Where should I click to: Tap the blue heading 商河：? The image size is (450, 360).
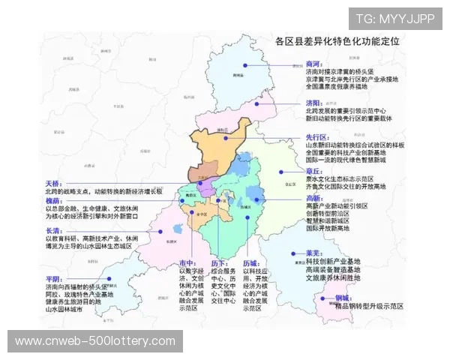tap(314, 64)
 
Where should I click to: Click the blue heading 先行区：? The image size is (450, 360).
tap(316, 138)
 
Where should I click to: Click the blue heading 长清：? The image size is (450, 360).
tap(53, 231)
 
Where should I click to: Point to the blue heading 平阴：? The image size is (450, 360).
tap(53, 279)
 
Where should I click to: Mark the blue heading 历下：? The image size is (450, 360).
tap(218, 263)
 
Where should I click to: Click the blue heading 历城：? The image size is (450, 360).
tap(250, 263)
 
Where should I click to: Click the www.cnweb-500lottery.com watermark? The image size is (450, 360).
tap(95, 341)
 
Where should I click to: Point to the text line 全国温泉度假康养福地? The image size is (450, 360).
tap(345, 86)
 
